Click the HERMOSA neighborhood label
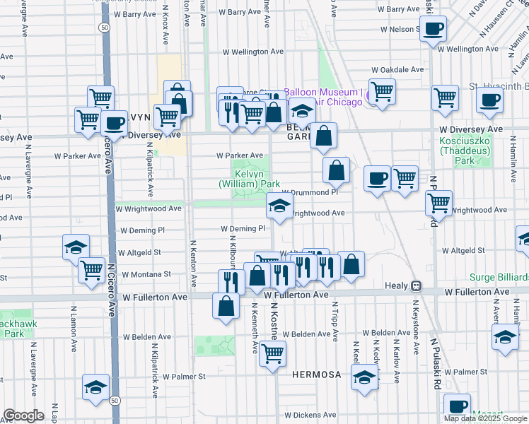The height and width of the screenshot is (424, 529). tap(317, 374)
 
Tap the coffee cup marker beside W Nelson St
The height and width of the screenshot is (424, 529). tap(434, 30)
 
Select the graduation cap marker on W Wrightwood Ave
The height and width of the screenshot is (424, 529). tap(280, 206)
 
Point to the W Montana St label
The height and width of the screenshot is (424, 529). tap(146, 273)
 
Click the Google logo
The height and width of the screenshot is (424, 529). tap(24, 416)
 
